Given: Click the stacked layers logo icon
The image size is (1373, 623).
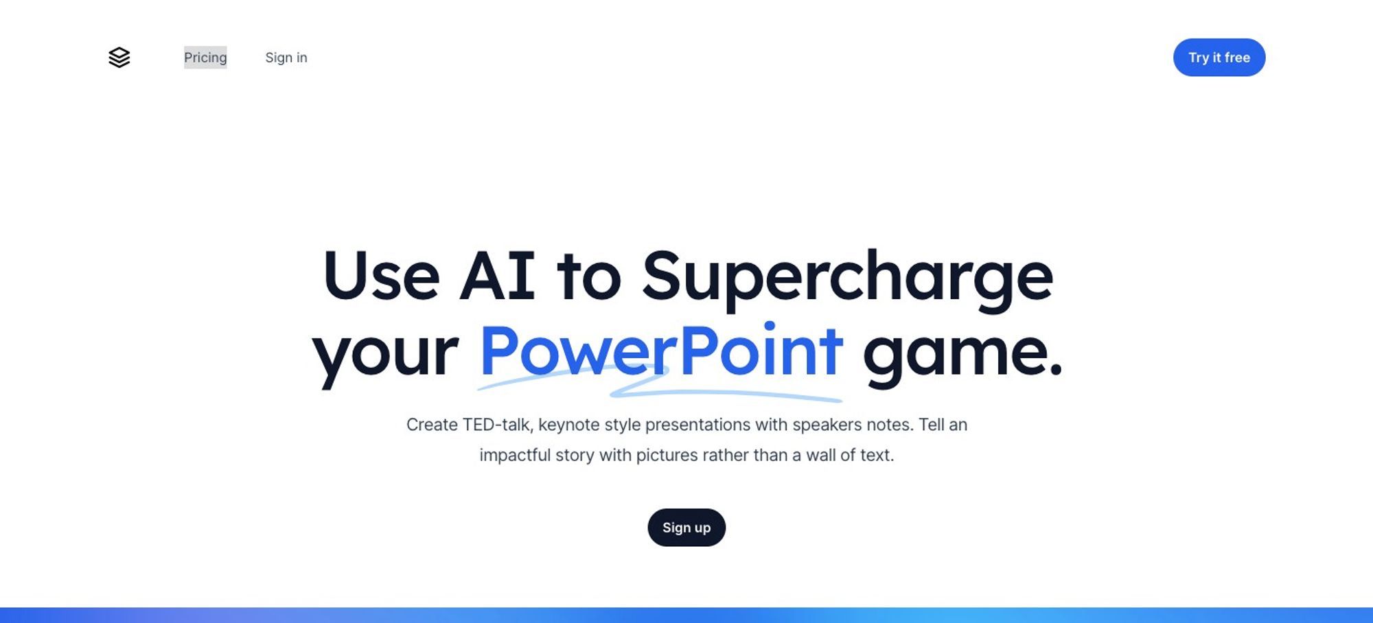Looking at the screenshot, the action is (x=119, y=58).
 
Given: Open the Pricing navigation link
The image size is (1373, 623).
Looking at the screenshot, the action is (x=205, y=58).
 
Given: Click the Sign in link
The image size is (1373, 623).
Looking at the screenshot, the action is (x=286, y=58).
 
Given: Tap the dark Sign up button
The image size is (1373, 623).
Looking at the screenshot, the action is (x=686, y=528).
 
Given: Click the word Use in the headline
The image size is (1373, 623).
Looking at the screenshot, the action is (x=381, y=276).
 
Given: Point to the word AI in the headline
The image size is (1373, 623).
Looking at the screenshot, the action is (x=497, y=276).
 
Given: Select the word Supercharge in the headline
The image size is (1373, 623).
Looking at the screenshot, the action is (x=847, y=279).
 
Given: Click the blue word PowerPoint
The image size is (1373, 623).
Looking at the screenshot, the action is (x=660, y=351).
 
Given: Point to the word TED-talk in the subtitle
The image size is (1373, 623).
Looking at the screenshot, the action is (x=498, y=425).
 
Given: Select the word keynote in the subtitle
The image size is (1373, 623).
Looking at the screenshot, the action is (x=568, y=425).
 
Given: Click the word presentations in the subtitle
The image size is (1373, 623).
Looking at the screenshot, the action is (x=697, y=425).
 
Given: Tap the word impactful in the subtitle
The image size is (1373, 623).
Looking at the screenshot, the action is (x=515, y=456).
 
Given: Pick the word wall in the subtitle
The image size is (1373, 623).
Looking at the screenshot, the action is (x=820, y=455).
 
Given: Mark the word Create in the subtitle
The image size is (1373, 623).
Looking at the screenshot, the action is (x=432, y=425).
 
